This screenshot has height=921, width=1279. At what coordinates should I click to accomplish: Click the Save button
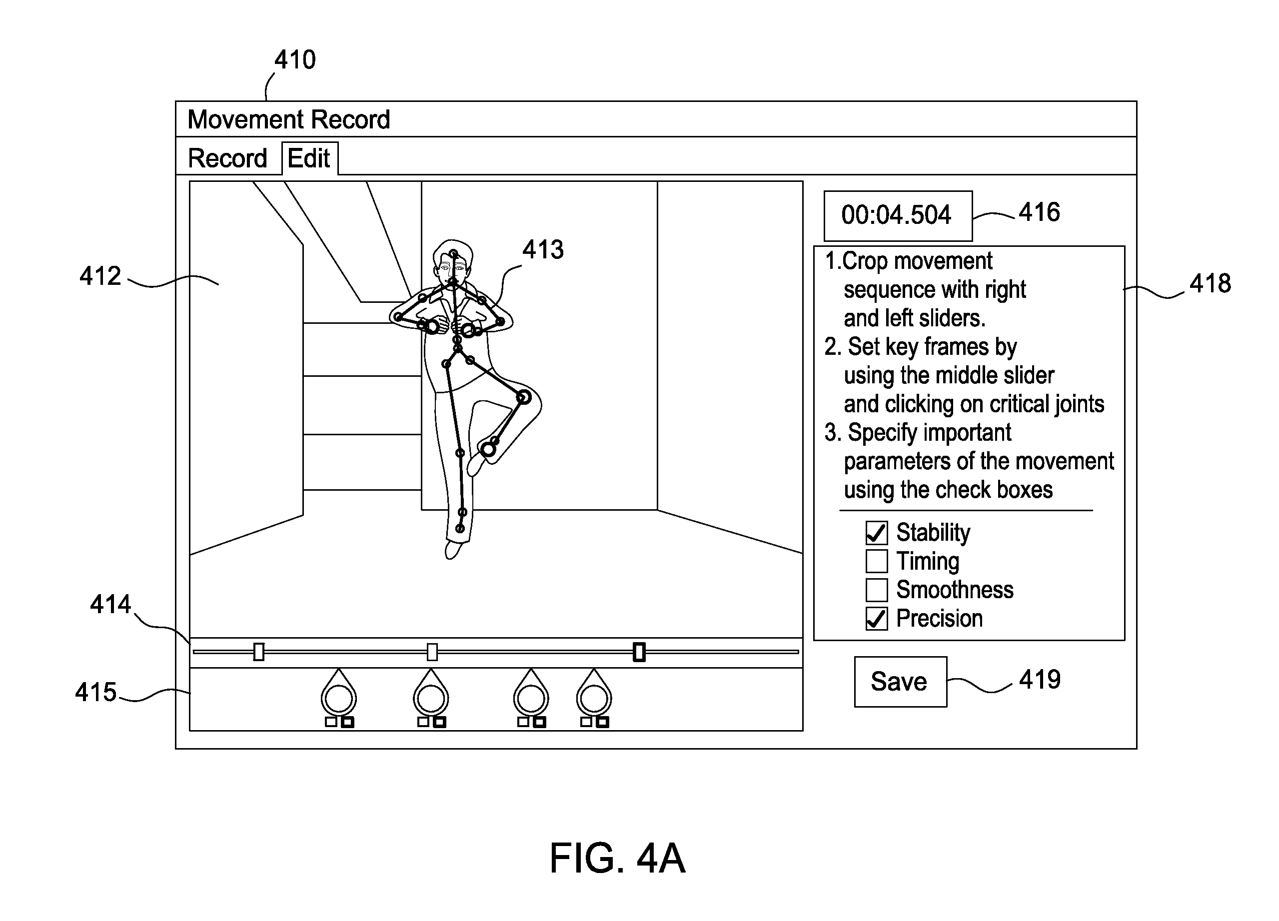point(900,681)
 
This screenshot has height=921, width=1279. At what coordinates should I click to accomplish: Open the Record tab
point(227,158)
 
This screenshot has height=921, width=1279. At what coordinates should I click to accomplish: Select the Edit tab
point(309,158)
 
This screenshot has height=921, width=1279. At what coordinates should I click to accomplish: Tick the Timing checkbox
point(876,561)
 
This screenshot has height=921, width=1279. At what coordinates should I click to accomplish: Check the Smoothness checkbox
point(876,590)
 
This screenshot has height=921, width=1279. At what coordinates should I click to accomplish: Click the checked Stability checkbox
point(876,532)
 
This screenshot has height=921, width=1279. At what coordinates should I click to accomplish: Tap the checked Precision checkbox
point(876,619)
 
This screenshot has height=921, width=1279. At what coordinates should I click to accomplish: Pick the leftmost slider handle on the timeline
point(259,652)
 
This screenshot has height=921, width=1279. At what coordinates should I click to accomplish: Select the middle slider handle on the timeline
point(432,652)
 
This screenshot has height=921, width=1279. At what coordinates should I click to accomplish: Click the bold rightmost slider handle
point(639,652)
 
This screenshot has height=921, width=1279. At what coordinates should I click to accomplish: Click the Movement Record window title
point(289,119)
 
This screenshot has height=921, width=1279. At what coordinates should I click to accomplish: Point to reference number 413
point(542,249)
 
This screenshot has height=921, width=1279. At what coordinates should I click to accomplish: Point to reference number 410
point(295,60)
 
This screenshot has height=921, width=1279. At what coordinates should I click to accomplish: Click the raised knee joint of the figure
point(524,397)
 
